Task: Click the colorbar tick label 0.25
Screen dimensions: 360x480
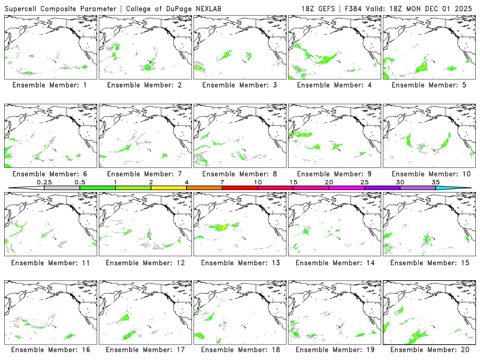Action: (x=44, y=182)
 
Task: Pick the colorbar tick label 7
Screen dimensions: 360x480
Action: (x=222, y=182)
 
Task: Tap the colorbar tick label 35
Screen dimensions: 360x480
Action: (x=436, y=182)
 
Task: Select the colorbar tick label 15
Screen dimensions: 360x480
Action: (x=293, y=182)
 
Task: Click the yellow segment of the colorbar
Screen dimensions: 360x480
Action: (x=169, y=188)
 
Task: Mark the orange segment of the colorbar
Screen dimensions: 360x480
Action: (x=204, y=188)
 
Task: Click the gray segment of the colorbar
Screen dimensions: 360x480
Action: (x=62, y=188)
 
